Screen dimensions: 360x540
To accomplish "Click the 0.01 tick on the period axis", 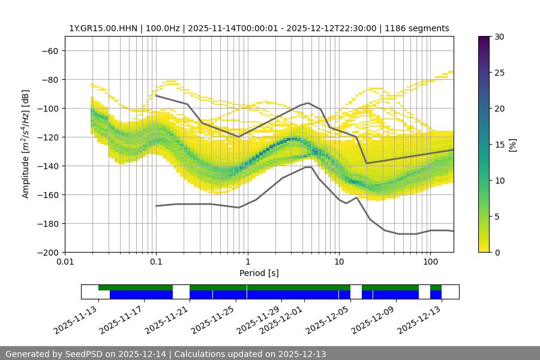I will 65,262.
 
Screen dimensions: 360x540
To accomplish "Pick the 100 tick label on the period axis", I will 430,262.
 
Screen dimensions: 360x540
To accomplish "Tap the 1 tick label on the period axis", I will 247,262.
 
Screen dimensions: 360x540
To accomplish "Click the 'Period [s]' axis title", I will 259,273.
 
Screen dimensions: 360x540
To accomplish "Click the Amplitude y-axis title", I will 26,144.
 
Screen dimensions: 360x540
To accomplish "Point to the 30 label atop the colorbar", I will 499,37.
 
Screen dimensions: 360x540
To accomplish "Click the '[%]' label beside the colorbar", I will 512,144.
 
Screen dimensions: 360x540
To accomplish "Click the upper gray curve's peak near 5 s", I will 308,103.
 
